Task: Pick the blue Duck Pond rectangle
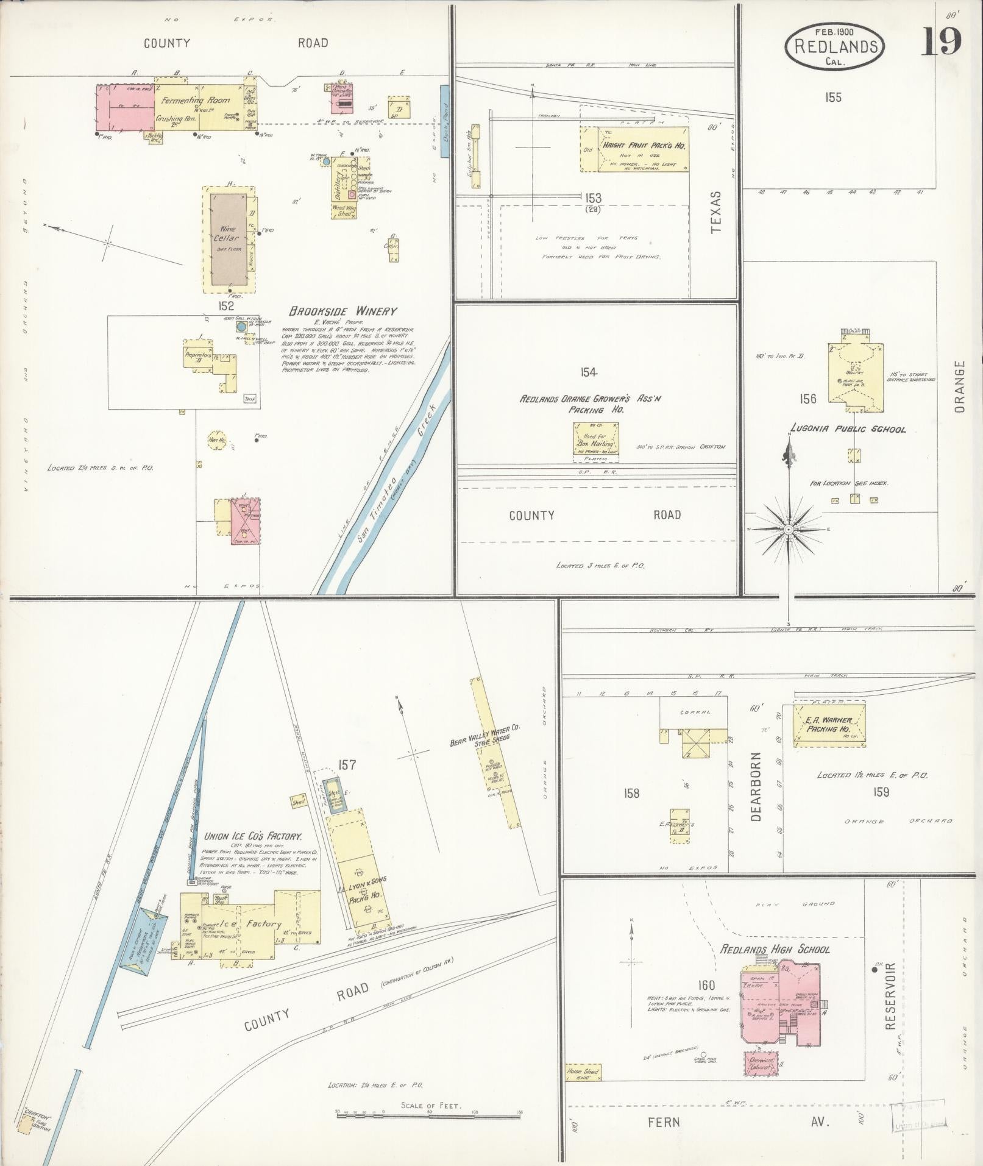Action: tap(444, 121)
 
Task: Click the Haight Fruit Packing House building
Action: tap(634, 149)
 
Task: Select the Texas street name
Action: tap(715, 212)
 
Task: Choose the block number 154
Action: tap(589, 372)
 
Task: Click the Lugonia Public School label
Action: tap(847, 429)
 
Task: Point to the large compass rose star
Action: tap(789, 530)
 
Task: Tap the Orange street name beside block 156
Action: tap(960, 386)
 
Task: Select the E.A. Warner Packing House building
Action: tap(829, 724)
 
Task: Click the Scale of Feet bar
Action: tap(428, 1112)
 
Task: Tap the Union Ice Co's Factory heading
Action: tap(254, 837)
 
